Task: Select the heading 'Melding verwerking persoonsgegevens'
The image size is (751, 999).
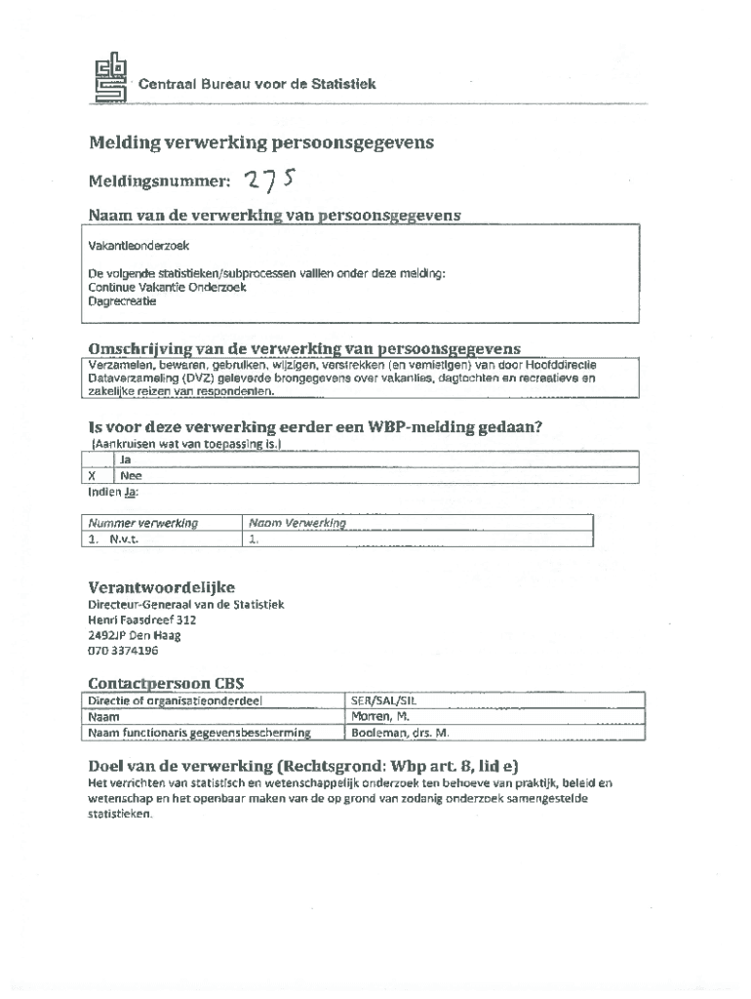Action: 261,143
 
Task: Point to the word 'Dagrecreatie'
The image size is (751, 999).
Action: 122,301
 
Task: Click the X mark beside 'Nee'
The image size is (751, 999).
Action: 92,476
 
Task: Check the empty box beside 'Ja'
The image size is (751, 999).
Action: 98,460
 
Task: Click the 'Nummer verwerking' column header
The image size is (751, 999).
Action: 143,523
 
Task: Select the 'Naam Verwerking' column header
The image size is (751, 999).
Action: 297,523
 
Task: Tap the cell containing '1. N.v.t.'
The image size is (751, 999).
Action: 113,539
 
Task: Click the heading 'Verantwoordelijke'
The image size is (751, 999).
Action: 161,587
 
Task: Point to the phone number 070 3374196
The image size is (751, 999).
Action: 123,651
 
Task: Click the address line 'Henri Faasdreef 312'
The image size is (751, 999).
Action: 141,619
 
